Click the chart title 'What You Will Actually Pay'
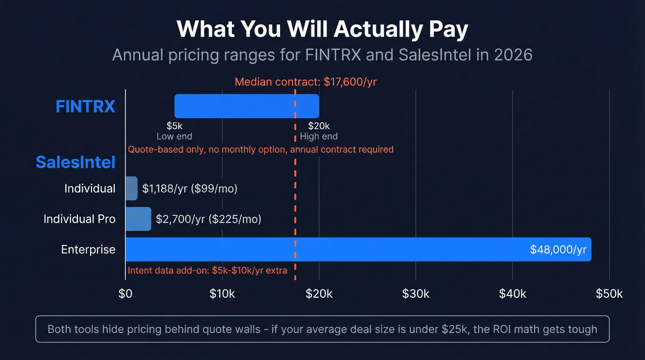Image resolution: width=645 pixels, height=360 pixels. (322, 29)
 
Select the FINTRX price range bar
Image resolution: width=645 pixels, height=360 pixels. (246, 106)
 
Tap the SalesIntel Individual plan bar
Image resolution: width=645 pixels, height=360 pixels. (131, 188)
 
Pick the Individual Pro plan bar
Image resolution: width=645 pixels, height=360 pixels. (138, 218)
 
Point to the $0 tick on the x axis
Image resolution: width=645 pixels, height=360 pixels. (125, 294)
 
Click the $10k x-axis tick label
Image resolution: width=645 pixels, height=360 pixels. (222, 294)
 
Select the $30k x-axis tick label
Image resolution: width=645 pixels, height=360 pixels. (416, 294)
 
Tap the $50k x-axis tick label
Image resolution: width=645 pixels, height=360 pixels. (609, 294)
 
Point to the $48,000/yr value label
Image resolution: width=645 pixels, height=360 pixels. (558, 249)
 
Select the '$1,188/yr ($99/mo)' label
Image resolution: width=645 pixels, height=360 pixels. (189, 188)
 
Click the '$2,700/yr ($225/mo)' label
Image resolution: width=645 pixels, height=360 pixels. (208, 218)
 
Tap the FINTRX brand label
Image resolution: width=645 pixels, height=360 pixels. (85, 106)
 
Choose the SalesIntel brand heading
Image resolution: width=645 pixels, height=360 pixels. (76, 162)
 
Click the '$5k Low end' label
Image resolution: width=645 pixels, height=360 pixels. (175, 131)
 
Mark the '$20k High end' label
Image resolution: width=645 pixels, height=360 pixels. (318, 131)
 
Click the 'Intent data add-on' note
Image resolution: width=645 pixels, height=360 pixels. (207, 271)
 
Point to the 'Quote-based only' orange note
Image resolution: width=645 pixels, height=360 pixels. (260, 149)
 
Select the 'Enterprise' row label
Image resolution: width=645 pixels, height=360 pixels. (88, 249)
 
